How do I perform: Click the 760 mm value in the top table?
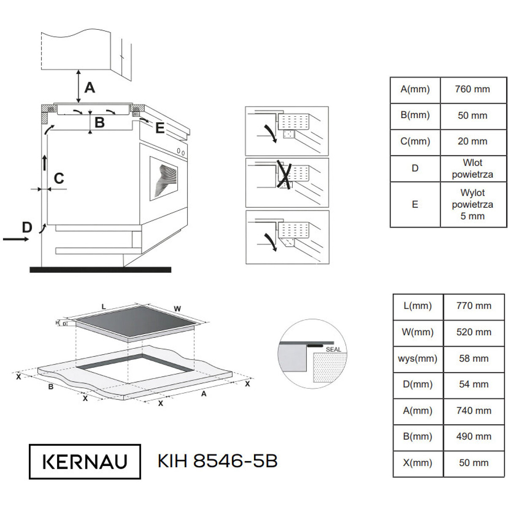pyautogui.click(x=472, y=89)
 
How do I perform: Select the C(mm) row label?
pyautogui.click(x=415, y=141)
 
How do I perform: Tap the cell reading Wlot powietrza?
pyautogui.click(x=472, y=168)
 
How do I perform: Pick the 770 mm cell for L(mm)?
pyautogui.click(x=474, y=306)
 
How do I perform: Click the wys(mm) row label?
pyautogui.click(x=417, y=358)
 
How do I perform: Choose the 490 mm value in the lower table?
pyautogui.click(x=474, y=436)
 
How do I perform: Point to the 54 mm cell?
pyautogui.click(x=474, y=384)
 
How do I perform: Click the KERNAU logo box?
pyautogui.click(x=85, y=461)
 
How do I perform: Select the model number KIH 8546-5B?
pyautogui.click(x=218, y=461)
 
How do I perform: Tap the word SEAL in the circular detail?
pyautogui.click(x=334, y=350)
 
